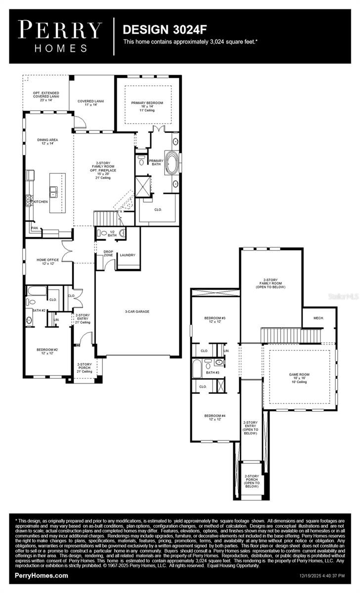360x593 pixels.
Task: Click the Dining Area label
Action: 47,142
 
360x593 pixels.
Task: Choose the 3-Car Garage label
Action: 137,311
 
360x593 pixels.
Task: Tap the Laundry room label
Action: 128,255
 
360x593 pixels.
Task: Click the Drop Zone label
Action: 108,254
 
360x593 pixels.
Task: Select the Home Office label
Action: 47,261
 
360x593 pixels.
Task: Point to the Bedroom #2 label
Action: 47,351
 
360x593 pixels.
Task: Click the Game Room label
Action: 299,377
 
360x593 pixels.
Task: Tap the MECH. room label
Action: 318,318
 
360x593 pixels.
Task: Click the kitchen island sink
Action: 53,191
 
